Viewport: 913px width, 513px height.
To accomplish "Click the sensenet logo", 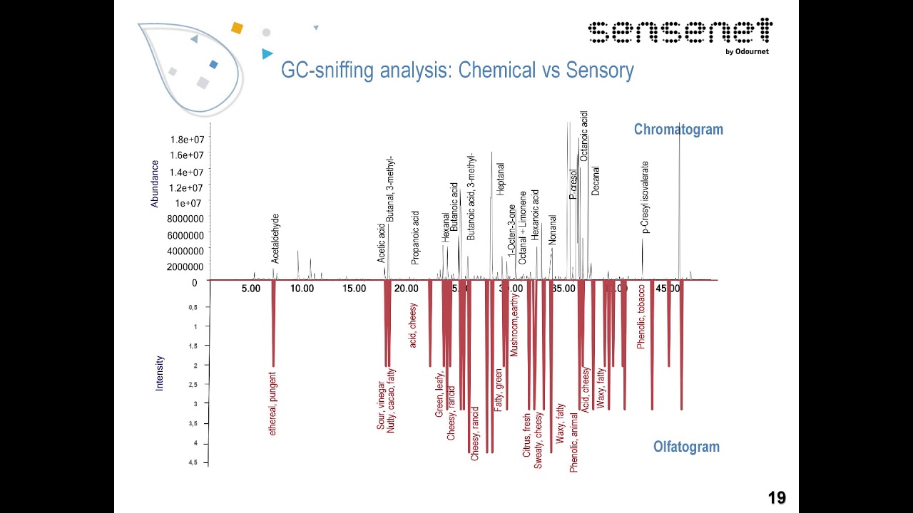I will pos(679,34).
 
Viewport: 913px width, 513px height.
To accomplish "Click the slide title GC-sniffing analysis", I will pos(456,71).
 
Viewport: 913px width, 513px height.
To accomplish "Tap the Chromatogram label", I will pos(678,129).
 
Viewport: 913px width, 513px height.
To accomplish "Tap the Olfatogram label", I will pos(686,447).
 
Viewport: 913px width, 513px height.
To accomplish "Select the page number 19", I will pos(776,498).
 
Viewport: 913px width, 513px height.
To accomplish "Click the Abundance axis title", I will pos(155,184).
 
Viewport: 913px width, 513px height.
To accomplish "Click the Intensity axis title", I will pos(159,373).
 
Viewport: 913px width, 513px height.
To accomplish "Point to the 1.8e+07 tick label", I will pos(187,140).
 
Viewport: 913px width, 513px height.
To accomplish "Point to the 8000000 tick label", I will pos(185,219).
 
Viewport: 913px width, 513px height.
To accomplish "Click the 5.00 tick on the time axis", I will pos(250,289).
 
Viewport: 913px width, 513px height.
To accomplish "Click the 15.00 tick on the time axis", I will pos(355,289).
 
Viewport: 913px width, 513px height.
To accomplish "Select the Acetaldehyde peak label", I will pos(276,239).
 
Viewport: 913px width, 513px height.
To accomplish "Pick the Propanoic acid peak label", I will pos(416,237).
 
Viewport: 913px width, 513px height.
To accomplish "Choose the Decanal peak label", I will pos(596,181).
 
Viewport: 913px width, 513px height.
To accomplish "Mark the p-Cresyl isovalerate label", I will pos(646,197).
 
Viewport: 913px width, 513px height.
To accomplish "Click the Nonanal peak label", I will pos(553,230).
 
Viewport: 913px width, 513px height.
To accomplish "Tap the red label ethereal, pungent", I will pos(272,403).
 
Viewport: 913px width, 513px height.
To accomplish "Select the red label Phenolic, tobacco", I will pos(641,317).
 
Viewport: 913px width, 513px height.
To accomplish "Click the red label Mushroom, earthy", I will pos(514,325).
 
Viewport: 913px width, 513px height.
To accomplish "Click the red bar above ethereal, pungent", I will pos(273,324).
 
